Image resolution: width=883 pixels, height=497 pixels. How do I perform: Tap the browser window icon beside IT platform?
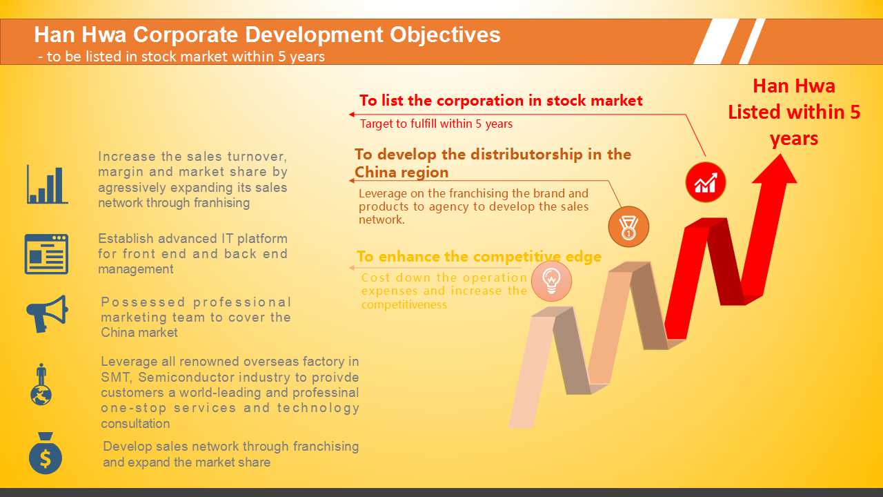click(x=46, y=254)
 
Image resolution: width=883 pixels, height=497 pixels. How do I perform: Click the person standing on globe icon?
click(x=41, y=384)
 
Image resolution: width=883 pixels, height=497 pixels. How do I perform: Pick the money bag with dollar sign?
click(x=46, y=454)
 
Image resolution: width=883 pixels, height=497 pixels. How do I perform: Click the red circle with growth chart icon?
click(x=706, y=182)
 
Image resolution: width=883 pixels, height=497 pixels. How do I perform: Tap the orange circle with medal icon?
click(x=628, y=227)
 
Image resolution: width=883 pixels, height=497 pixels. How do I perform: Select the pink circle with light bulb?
click(x=551, y=281)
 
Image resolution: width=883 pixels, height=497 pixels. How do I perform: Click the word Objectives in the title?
click(x=445, y=35)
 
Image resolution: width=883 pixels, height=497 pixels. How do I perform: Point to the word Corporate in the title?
click(x=186, y=35)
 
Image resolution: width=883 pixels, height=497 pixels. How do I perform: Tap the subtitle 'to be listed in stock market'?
click(x=137, y=57)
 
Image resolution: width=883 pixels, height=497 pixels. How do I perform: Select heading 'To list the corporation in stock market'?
click(x=501, y=101)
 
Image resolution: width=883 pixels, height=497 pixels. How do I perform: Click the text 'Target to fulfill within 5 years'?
click(x=436, y=124)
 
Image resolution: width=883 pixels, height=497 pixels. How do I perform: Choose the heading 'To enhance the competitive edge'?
click(x=479, y=256)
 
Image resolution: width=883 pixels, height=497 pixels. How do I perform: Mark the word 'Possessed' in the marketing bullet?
click(x=143, y=302)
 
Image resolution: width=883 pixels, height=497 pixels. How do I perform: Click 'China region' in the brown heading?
click(x=401, y=173)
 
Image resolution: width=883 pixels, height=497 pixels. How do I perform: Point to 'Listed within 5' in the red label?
click(x=794, y=112)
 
